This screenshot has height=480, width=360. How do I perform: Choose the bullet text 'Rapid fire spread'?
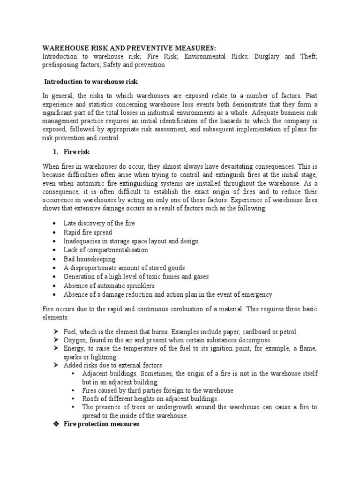tap(88, 232)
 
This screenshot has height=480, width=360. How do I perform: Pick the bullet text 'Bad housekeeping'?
tap(90, 259)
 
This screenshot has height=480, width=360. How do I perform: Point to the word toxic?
tap(153, 277)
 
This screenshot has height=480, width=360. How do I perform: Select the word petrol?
tap(287, 331)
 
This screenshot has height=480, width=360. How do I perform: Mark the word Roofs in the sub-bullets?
tap(91, 398)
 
